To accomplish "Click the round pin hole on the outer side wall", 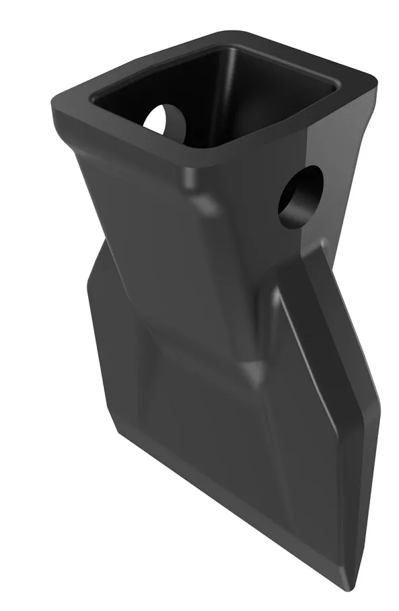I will [x=301, y=196].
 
